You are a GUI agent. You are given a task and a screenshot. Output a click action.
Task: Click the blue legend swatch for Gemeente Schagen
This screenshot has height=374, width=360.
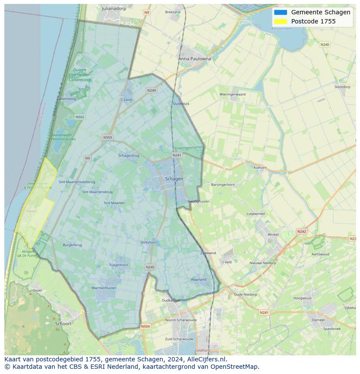[280, 12]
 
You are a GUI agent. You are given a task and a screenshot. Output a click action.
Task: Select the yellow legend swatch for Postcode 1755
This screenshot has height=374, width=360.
[280, 21]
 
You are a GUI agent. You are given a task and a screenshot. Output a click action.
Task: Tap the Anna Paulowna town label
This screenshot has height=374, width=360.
[194, 59]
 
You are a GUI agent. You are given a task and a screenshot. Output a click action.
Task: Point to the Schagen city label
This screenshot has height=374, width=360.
[174, 179]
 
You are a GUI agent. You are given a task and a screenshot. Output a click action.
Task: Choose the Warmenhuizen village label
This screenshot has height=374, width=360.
[104, 288]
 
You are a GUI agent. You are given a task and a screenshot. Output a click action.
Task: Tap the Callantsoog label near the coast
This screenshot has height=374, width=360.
[66, 99]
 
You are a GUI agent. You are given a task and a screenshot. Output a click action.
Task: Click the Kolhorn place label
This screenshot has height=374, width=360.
[260, 167]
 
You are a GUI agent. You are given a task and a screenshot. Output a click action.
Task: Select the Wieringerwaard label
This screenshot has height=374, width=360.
[232, 94]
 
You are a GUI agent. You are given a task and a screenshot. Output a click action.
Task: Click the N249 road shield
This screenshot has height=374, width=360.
[151, 90]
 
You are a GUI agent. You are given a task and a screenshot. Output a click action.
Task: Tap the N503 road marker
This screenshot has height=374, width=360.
[107, 137]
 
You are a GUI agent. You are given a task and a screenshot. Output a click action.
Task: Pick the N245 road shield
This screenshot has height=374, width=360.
[150, 267]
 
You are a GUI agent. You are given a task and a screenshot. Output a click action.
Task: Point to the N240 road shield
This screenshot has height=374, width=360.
[324, 44]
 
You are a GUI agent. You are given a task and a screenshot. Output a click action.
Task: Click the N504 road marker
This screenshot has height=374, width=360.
[145, 326]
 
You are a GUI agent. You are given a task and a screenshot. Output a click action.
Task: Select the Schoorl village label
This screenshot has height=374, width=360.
[63, 324]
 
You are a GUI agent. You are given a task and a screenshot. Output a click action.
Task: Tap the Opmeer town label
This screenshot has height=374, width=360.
[318, 320]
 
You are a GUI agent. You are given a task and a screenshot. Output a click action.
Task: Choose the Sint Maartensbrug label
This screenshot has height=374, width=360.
[97, 192]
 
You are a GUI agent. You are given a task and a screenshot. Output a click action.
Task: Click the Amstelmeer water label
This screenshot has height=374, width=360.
[281, 29]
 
